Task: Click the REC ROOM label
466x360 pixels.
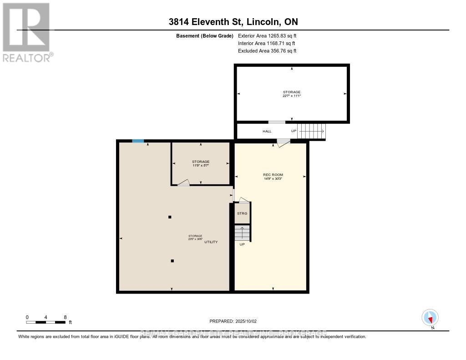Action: tap(273, 175)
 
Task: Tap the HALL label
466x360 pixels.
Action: tap(267, 131)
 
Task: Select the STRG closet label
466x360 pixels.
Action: tap(242, 213)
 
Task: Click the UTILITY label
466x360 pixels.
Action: tap(211, 242)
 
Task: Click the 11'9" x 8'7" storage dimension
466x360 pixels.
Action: tap(201, 166)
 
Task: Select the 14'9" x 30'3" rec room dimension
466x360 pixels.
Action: tap(273, 179)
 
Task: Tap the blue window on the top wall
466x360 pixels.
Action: tap(138, 141)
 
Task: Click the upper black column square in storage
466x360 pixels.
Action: tap(170, 217)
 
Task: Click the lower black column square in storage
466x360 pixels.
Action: tap(172, 261)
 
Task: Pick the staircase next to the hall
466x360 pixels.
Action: tap(311, 131)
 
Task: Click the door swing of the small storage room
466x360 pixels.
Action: tap(183, 183)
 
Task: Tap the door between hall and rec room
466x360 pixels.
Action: tap(283, 142)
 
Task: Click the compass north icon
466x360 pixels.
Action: tap(430, 317)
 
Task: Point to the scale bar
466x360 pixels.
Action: tap(46, 322)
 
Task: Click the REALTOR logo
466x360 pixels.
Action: tap(26, 32)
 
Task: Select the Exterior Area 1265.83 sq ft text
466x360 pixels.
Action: tap(267, 35)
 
